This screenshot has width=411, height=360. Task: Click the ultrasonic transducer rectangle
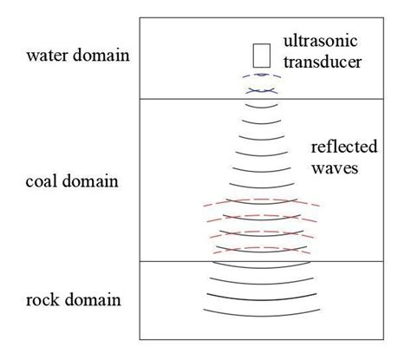[x=259, y=55]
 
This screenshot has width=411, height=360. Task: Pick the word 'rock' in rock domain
[x=44, y=300]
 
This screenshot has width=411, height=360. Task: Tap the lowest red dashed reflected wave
[x=259, y=249]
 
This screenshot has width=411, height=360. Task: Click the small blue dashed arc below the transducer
[x=259, y=74]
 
